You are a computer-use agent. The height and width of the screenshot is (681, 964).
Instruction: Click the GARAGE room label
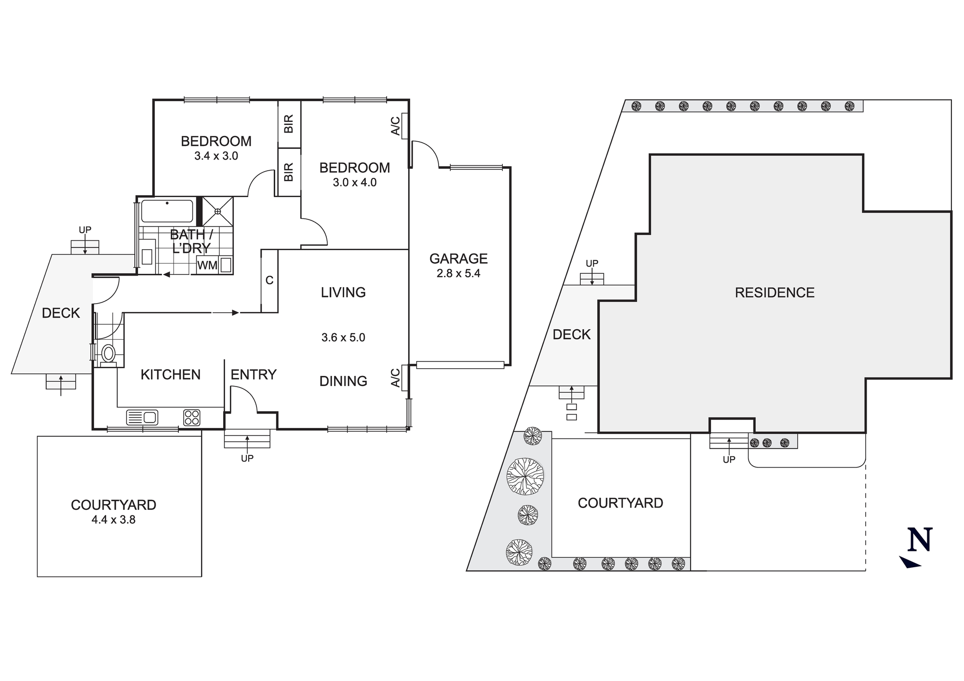point(458,259)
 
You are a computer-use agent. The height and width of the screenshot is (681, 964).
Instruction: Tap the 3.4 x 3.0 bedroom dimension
point(216,156)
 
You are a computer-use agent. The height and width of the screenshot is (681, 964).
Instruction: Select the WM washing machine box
point(207,266)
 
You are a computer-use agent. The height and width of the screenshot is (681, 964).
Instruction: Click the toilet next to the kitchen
point(109,353)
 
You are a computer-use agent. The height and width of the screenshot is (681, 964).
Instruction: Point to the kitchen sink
point(142,417)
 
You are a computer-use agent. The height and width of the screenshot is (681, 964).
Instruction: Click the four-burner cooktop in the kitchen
point(192,417)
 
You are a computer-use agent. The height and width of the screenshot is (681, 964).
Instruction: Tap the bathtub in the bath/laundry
point(167,211)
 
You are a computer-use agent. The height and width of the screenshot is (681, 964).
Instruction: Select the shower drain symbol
point(217,211)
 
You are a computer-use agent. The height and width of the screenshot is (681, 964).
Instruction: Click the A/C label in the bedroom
point(395,126)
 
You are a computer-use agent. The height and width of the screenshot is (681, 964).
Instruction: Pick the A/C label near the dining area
point(395,378)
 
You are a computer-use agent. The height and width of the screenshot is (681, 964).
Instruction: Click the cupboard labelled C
point(269,280)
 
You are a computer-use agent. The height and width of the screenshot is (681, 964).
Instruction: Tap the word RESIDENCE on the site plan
point(775,293)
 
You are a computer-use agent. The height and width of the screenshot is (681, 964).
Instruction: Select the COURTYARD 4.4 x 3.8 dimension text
point(113,520)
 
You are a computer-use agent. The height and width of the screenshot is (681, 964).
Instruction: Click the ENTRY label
point(253,374)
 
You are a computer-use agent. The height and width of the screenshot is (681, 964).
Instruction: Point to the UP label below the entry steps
point(247,458)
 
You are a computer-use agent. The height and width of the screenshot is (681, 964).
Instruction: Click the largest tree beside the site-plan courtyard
point(525,476)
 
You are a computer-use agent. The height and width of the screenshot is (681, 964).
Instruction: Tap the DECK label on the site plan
point(571,334)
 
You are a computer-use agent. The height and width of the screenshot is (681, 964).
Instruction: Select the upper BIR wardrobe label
point(289,124)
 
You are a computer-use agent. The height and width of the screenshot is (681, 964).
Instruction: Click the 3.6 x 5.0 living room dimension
point(343,337)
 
